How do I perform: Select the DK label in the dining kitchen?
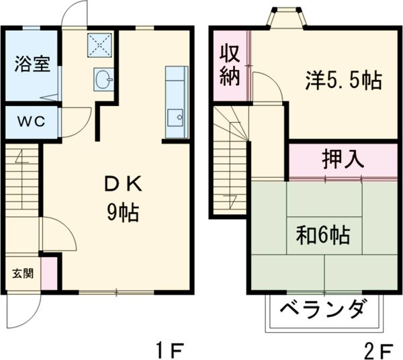pyautogui.click(x=122, y=184)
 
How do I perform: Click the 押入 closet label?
pyautogui.click(x=343, y=160)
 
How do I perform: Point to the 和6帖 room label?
pyautogui.click(x=323, y=235)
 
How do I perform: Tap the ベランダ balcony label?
pyautogui.click(x=323, y=311)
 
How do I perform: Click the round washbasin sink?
pyautogui.click(x=104, y=80)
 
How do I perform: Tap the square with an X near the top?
pyautogui.click(x=101, y=44)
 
